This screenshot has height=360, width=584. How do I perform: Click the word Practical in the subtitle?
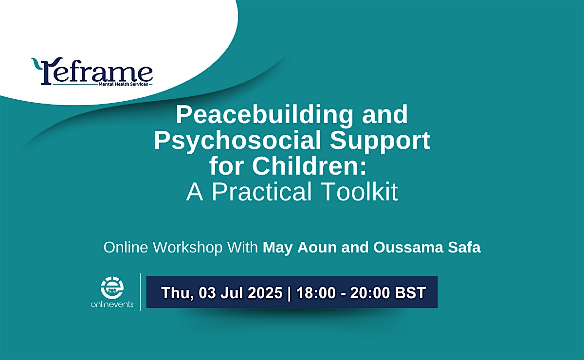(261, 192)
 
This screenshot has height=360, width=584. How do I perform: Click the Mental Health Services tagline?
(123, 84)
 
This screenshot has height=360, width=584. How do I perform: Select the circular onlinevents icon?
(112, 287)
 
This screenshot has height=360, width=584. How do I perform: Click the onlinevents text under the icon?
(112, 305)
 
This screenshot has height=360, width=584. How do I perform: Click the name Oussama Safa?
(427, 247)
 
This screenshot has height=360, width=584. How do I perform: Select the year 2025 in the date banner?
(265, 292)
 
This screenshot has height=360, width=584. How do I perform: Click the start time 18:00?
(316, 292)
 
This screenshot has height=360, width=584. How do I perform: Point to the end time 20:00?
(370, 292)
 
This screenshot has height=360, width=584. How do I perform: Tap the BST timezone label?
(410, 292)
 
